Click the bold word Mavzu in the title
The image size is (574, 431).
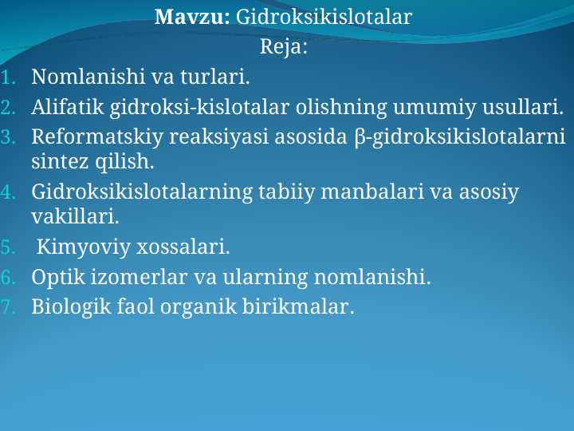pos(191,17)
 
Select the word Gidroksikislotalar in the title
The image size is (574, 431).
pos(324,17)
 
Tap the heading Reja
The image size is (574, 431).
pos(284,47)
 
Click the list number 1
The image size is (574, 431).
pos(7,78)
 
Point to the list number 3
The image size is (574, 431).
pos(7,136)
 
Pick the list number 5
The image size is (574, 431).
pos(7,248)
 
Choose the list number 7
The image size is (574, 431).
pos(7,306)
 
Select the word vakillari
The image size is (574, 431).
pos(75,216)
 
